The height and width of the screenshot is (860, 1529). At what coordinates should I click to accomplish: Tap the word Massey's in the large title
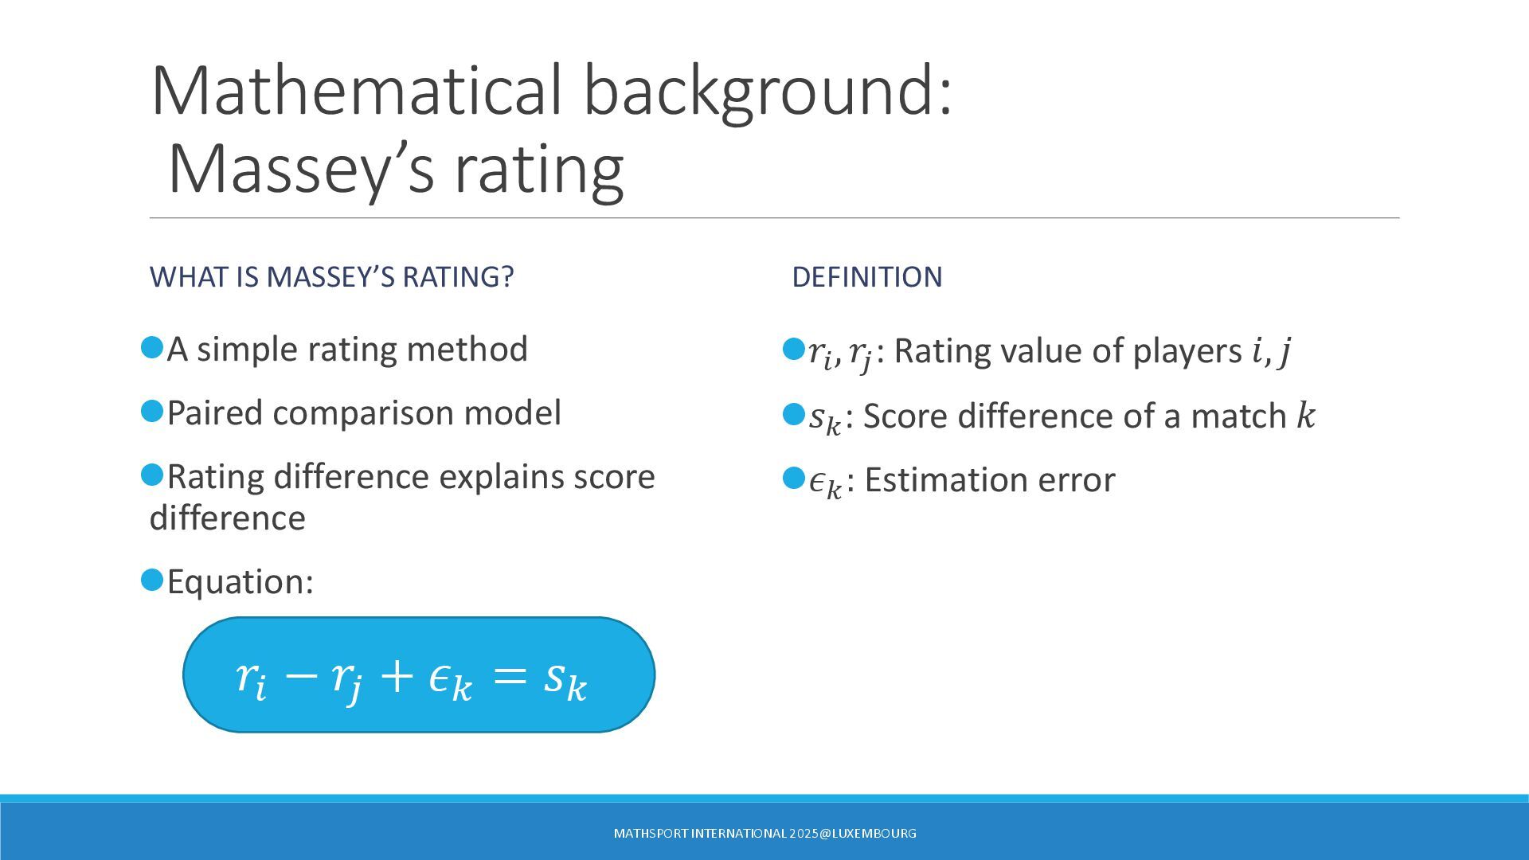pos(301,170)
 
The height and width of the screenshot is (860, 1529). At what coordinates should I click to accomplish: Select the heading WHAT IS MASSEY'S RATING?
pos(331,277)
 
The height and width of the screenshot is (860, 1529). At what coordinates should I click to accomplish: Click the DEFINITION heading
pos(866,277)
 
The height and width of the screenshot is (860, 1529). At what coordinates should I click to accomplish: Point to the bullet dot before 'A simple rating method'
pos(152,347)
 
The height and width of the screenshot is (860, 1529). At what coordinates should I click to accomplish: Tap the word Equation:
pos(240,582)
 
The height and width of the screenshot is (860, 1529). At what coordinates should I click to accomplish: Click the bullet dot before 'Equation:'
pos(152,580)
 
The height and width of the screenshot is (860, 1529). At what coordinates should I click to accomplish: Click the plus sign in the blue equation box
pos(397,676)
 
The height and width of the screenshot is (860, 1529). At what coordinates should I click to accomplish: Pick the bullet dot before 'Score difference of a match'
pos(794,414)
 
